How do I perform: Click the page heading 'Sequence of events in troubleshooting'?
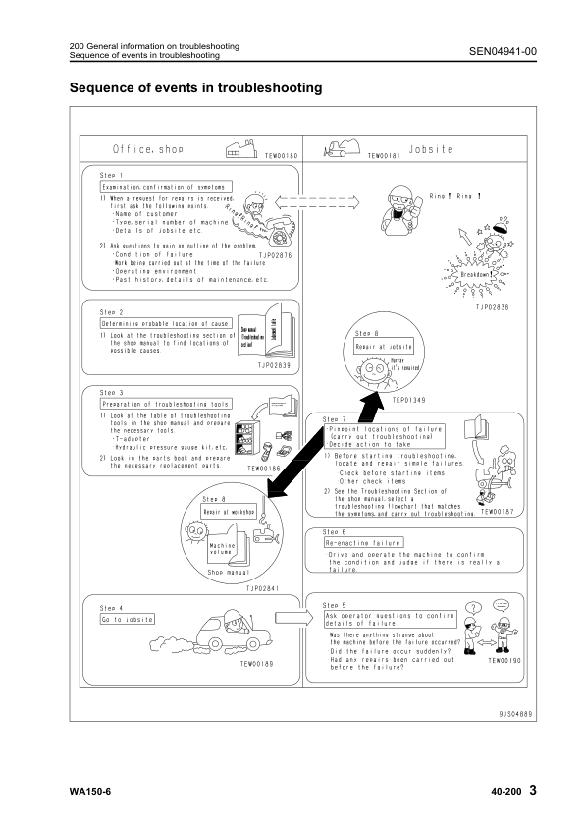click(196, 88)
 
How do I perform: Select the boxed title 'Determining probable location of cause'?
click(165, 322)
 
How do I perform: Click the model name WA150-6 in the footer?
click(91, 790)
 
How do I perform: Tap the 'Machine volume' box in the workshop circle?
click(223, 551)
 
